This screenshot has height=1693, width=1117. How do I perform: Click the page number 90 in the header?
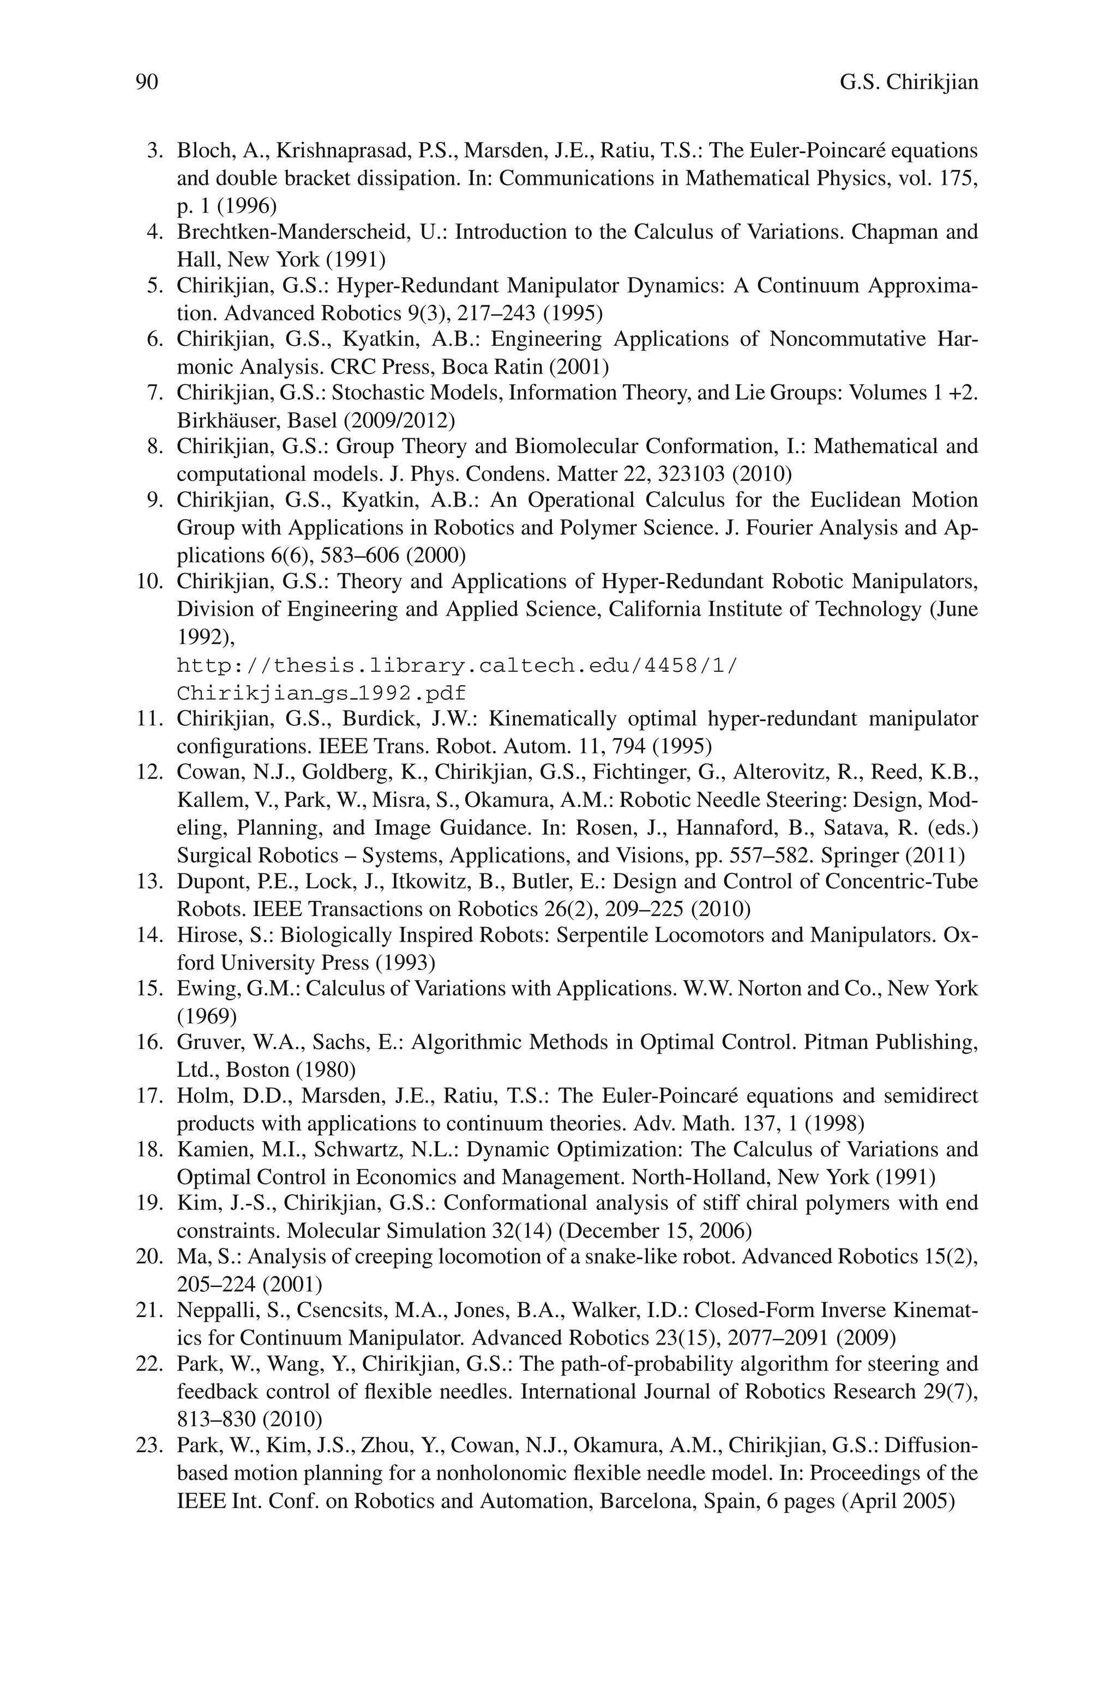point(147,82)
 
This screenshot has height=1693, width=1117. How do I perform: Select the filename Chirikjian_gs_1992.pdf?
point(322,692)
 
